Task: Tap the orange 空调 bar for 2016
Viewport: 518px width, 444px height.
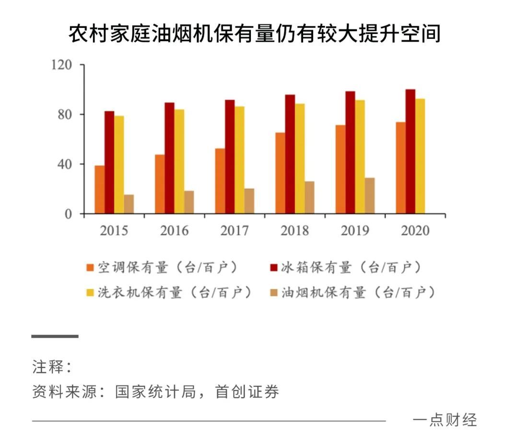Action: [x=160, y=184]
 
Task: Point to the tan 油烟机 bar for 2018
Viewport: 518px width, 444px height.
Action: [x=309, y=198]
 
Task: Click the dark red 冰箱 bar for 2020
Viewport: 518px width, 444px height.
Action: [x=410, y=152]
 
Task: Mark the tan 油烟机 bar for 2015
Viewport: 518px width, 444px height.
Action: [x=129, y=204]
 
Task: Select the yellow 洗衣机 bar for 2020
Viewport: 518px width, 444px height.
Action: [x=420, y=156]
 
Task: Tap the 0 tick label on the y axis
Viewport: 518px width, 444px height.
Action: [x=68, y=214]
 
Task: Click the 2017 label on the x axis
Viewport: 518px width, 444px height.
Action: [x=235, y=231]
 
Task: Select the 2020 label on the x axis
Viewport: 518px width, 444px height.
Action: [x=415, y=231]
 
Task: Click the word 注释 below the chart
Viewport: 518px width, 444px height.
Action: [x=48, y=367]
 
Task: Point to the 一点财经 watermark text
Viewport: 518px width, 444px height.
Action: [x=445, y=420]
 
